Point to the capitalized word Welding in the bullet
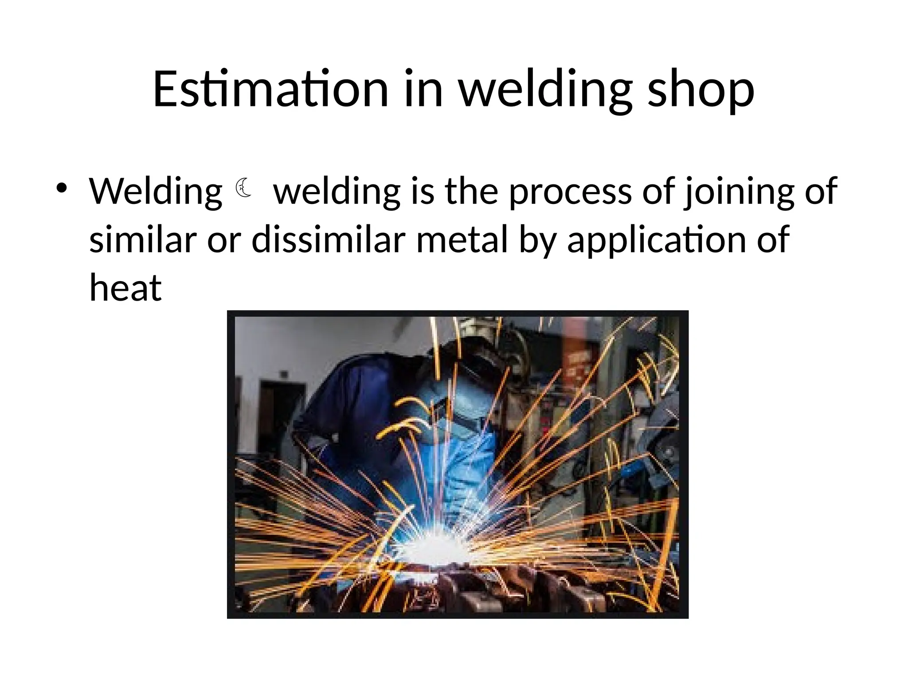point(156,192)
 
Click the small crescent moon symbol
point(243,188)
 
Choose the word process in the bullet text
point(570,192)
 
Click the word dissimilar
point(328,239)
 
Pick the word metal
point(461,239)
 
